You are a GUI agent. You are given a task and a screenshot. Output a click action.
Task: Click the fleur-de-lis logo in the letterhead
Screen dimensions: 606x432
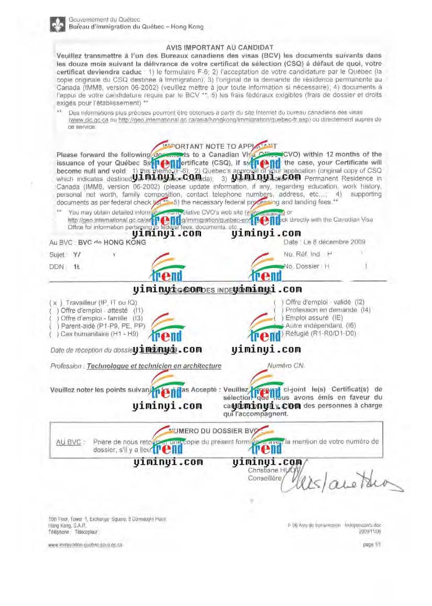point(58,24)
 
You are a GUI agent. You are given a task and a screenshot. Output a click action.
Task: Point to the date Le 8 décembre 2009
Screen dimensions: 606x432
point(325,242)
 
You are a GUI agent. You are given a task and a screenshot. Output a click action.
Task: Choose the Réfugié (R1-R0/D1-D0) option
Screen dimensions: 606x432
point(319,333)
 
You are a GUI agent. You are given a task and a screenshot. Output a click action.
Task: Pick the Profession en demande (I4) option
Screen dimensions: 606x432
point(328,310)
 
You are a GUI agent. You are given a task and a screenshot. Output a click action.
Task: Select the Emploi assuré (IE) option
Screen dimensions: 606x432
point(314,318)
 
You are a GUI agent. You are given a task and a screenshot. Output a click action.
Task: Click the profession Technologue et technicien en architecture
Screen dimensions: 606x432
point(154,366)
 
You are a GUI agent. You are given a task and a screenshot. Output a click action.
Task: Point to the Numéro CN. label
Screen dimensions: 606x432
point(286,366)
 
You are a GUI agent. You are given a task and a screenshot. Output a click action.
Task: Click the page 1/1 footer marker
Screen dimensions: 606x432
point(368,545)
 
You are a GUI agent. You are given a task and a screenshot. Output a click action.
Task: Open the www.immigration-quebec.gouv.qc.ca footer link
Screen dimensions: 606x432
point(85,545)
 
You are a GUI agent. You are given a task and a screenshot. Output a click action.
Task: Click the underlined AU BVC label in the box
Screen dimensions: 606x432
point(68,442)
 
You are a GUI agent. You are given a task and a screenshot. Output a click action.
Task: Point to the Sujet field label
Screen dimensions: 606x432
point(58,255)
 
